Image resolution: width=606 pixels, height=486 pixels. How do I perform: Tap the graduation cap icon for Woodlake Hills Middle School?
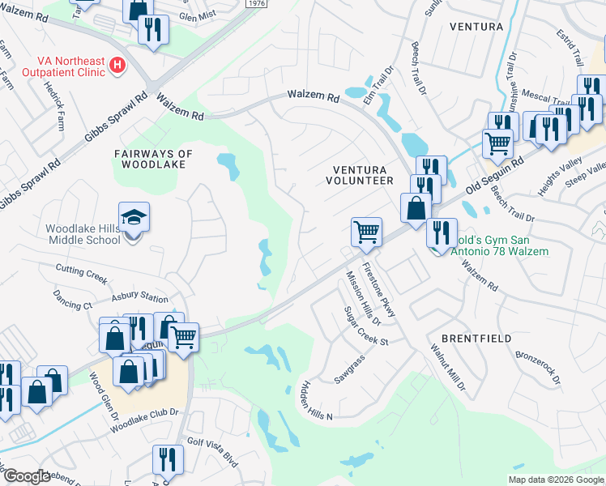(134, 218)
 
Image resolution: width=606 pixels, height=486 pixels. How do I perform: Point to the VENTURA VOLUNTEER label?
(363, 175)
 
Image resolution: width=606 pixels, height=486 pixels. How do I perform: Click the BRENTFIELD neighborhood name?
(467, 336)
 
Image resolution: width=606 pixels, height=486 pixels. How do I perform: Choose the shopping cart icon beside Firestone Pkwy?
(366, 232)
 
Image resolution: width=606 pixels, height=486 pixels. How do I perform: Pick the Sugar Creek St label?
(366, 326)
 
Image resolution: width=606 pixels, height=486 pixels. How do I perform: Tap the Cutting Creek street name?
(81, 274)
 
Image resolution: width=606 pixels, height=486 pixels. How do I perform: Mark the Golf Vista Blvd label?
(212, 452)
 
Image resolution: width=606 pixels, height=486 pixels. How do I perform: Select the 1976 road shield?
(255, 4)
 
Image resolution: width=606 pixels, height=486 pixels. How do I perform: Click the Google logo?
(27, 476)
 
